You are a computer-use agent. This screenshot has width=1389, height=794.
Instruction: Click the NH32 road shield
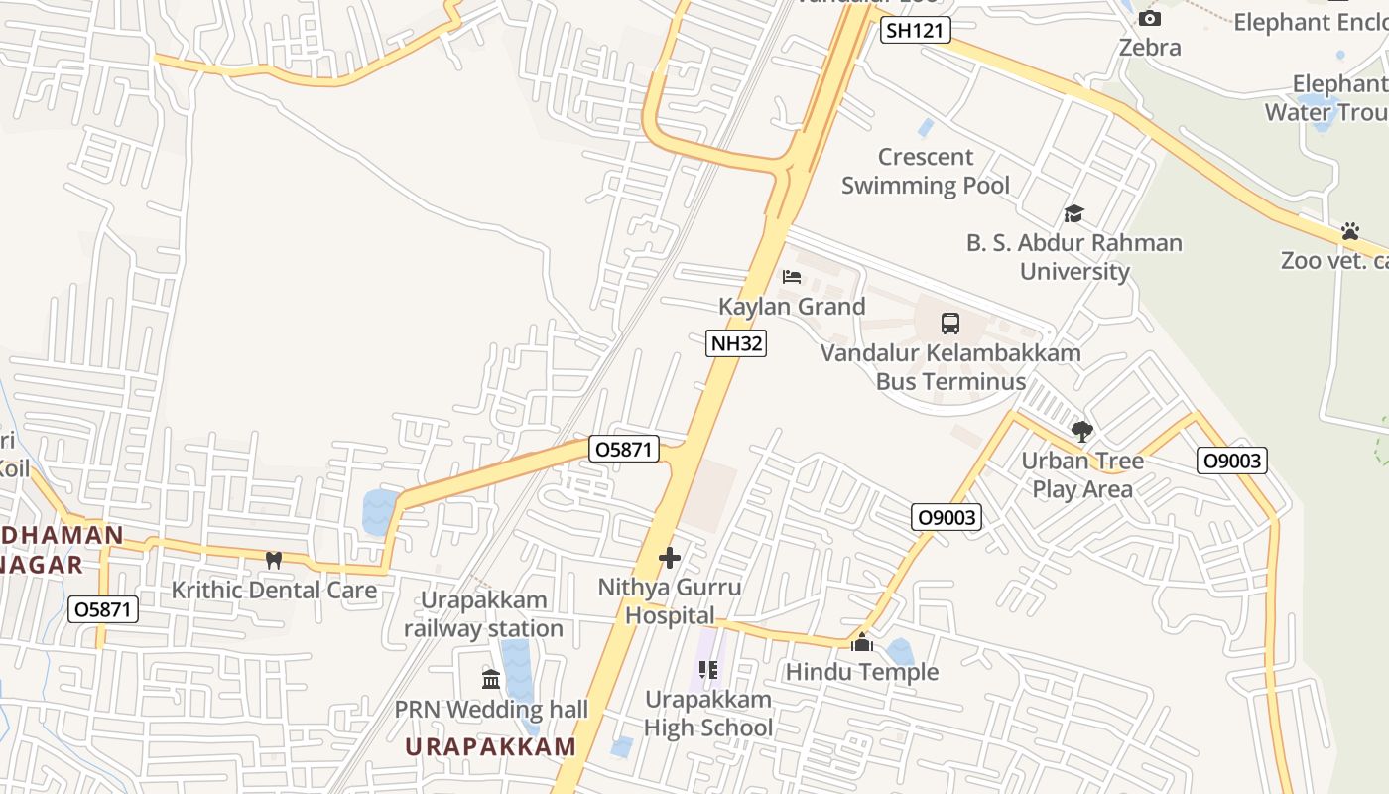tap(736, 343)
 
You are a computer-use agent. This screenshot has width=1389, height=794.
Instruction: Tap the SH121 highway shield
tap(915, 31)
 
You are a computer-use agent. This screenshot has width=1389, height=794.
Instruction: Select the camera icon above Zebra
tap(1149, 18)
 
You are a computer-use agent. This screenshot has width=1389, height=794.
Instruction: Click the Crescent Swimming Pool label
tap(926, 171)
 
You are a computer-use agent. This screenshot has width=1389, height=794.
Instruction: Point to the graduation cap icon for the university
tap(1073, 213)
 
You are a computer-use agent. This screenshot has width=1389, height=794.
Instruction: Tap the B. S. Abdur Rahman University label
tap(1074, 257)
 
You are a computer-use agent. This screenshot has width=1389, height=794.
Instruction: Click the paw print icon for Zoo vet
tap(1349, 231)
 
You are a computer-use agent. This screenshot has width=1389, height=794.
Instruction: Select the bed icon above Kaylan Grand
tap(792, 276)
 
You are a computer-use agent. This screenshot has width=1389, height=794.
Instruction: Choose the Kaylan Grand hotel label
tap(792, 306)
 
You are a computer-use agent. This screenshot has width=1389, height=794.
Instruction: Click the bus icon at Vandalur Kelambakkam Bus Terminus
tap(950, 323)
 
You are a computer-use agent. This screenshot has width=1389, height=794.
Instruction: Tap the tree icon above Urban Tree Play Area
tap(1081, 432)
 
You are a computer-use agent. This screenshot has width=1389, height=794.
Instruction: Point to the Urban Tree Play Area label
tap(1082, 474)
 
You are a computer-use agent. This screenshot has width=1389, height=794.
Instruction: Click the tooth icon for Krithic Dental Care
tap(274, 560)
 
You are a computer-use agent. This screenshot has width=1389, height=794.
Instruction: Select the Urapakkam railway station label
tap(483, 614)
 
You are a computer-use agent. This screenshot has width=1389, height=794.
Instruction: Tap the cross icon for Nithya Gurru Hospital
tap(670, 558)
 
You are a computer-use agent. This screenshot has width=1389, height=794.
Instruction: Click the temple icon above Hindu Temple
tap(862, 643)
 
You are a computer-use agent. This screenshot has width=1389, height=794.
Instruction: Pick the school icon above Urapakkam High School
tap(708, 670)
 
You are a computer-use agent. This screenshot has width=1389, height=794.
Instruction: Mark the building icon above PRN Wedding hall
tap(491, 680)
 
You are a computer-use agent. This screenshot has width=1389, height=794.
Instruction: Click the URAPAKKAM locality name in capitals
tap(491, 747)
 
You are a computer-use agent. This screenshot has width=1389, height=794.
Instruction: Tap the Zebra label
tap(1150, 47)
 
